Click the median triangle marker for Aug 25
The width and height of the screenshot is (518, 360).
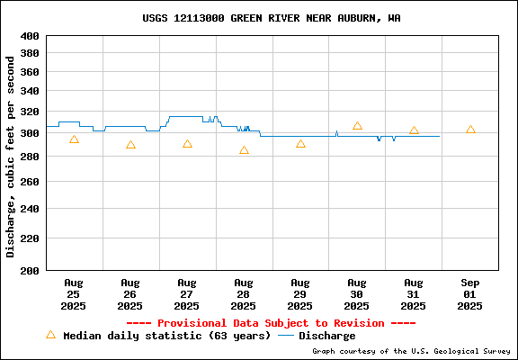point(74,139)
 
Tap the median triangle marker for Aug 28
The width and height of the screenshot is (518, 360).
point(244,150)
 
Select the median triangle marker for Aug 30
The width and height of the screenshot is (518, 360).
point(357,126)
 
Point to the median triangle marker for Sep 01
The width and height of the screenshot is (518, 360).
point(470,130)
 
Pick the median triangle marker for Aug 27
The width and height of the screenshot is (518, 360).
point(187,144)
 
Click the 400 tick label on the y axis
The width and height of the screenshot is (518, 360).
point(30,36)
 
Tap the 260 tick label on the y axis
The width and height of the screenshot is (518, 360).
point(30,182)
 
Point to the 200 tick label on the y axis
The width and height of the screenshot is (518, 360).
point(30,270)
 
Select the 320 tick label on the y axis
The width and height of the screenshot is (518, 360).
point(30,112)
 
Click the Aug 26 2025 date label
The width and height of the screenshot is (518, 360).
point(130,294)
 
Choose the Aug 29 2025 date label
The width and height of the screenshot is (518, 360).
point(300,294)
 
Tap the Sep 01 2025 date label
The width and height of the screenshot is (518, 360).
point(469,294)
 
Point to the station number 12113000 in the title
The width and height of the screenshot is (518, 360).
point(199,18)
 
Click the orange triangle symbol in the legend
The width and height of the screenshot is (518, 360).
point(51,335)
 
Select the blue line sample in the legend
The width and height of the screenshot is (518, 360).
point(286,336)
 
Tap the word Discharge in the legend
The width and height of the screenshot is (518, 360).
point(327,336)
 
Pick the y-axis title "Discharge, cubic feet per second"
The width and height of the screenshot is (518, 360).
point(11,157)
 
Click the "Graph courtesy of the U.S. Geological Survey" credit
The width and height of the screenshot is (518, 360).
point(411,351)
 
